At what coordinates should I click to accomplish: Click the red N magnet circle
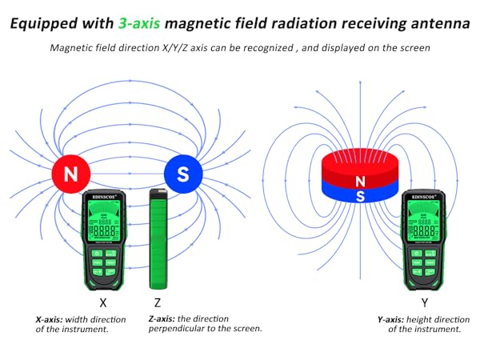coord(71,173)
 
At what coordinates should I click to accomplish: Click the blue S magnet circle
coord(183,173)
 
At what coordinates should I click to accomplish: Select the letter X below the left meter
coord(102,304)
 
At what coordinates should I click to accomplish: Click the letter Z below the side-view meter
coord(157,304)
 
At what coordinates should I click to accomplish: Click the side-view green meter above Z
coord(157,239)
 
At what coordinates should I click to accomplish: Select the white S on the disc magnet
coord(361,195)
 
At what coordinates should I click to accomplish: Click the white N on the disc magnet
coord(361,182)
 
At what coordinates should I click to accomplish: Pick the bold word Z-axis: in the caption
coord(165,318)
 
